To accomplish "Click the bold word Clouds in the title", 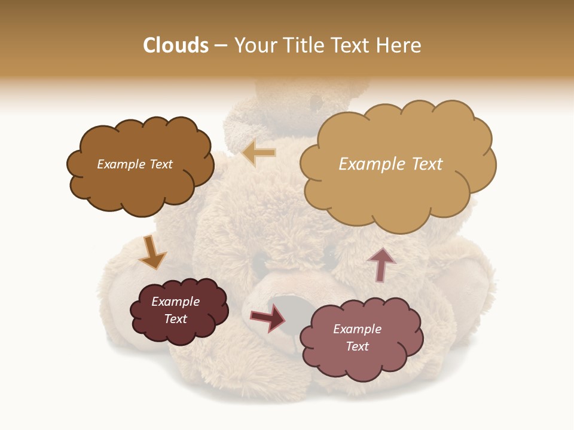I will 176,45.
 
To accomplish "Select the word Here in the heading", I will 399,45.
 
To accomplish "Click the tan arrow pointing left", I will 259,153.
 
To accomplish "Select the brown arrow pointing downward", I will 152,253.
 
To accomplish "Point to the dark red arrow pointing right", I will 268,318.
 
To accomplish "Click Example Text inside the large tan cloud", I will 390,164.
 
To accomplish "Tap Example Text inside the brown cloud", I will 135,164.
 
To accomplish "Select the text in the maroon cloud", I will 176,311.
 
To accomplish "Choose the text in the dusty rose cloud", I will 357,337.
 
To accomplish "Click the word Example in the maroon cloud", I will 176,302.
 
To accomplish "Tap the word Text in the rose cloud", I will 357,346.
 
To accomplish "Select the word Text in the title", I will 353,45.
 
